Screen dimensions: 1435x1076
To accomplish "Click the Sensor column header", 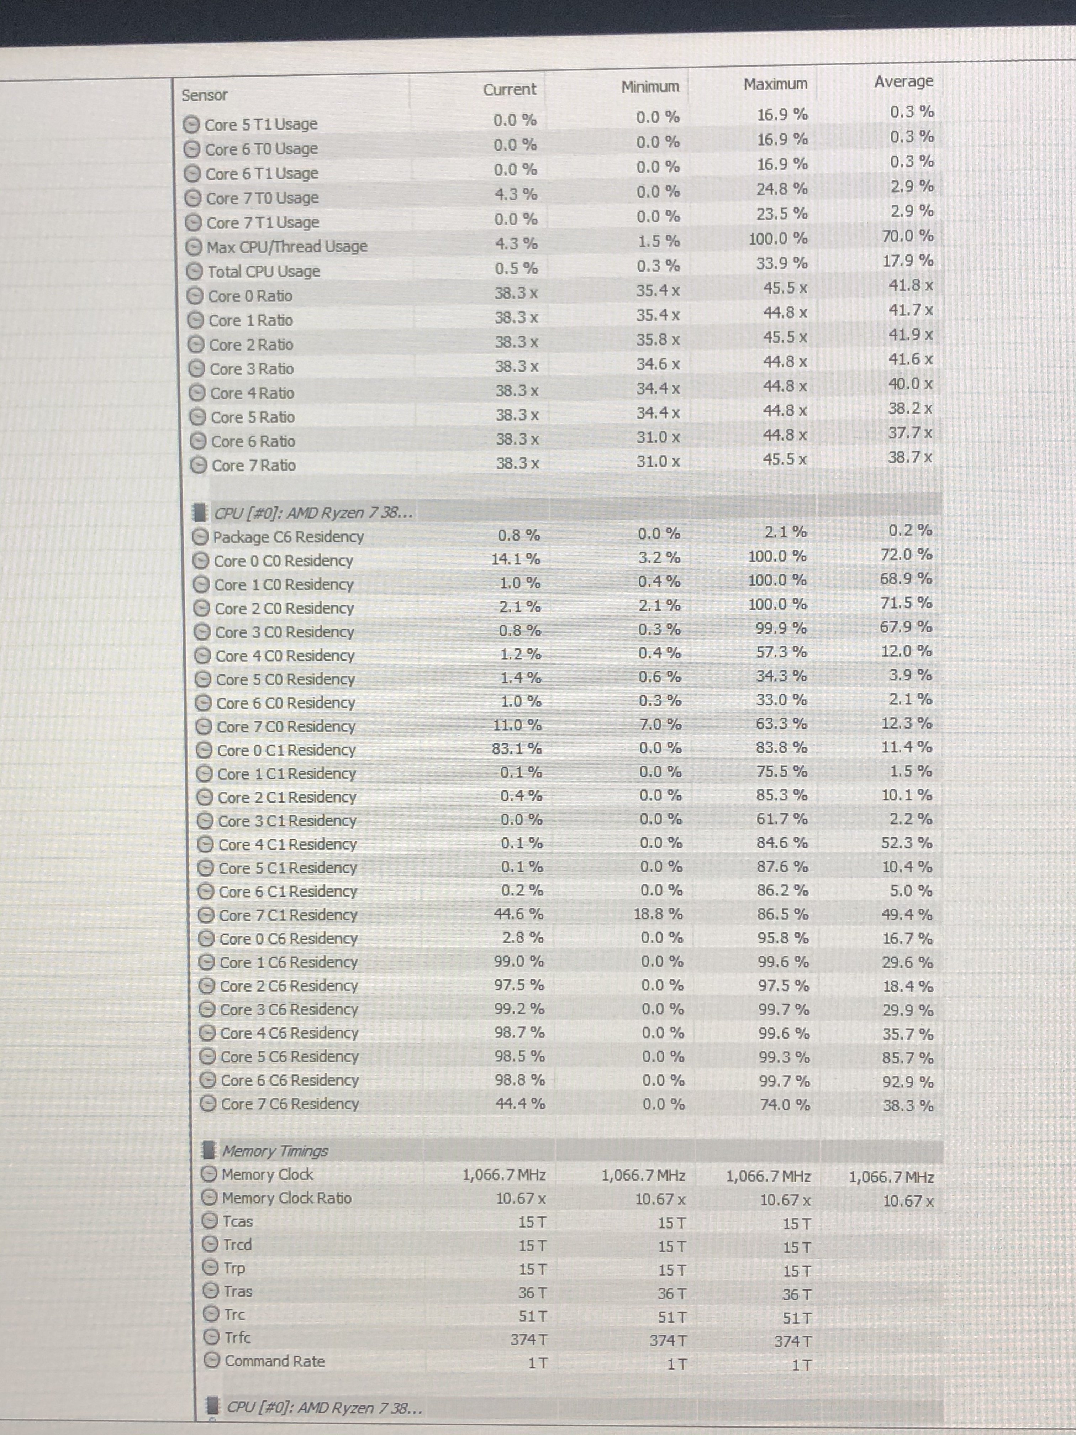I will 204,95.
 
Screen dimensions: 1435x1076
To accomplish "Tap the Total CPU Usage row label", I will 263,271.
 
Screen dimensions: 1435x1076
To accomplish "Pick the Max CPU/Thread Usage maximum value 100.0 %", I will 778,239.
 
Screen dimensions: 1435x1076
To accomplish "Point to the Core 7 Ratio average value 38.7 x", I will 910,457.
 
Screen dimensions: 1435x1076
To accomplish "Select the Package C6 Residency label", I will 288,536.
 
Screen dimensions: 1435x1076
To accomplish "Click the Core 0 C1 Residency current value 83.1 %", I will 516,748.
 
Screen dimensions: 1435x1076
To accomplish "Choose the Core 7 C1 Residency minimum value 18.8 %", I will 658,914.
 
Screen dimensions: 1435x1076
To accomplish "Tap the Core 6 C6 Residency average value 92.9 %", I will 907,1082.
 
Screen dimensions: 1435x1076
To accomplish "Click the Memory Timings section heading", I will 275,1151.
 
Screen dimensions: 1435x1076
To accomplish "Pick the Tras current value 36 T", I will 532,1293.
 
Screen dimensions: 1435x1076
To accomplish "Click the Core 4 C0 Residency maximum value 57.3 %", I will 781,652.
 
